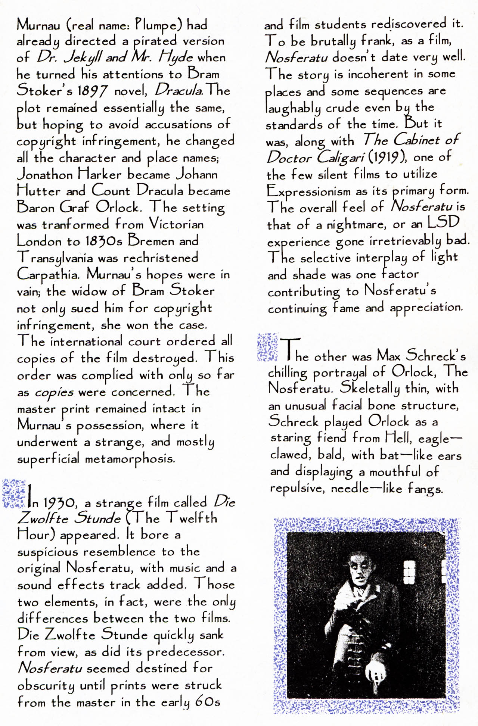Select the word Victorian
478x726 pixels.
point(176,224)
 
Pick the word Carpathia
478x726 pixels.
point(48,275)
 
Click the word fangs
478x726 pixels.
point(425,489)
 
